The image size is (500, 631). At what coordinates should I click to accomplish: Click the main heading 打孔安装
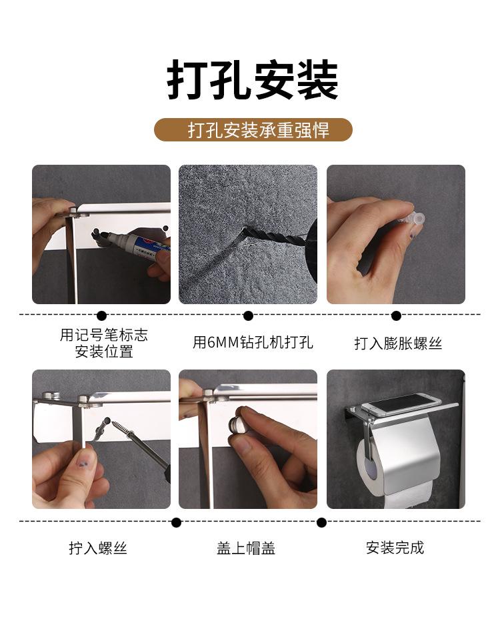252,81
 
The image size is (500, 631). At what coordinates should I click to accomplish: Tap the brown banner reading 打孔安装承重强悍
253,129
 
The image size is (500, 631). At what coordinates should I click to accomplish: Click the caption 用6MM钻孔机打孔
253,344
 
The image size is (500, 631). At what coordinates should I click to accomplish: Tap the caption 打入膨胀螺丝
398,344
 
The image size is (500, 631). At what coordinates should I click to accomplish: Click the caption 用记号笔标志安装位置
104,344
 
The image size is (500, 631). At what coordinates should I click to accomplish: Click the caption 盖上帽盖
246,548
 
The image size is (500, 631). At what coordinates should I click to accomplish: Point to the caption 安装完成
395,548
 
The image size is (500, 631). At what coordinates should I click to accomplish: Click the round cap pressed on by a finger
236,423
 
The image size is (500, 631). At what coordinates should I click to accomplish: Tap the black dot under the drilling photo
248,315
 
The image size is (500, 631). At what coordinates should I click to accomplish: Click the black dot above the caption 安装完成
321,522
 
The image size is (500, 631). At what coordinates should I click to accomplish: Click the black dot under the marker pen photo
101,315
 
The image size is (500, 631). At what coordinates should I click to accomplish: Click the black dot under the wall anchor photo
396,315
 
